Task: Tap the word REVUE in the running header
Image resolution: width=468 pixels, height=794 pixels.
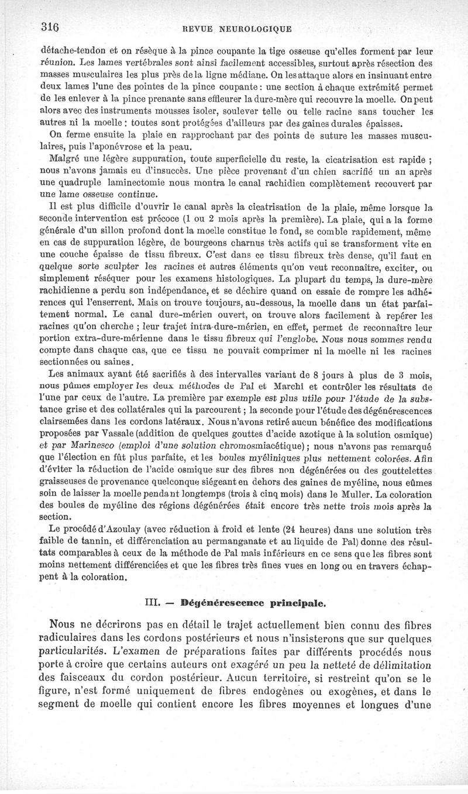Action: (x=199, y=27)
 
